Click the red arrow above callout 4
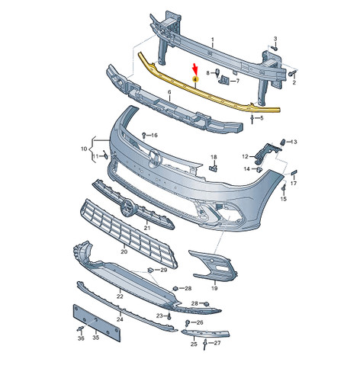195,68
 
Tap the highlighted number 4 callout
195,79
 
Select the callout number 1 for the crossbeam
213,40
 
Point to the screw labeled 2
292,74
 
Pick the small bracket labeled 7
224,80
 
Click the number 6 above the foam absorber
169,93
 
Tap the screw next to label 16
144,134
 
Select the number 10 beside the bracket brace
84,149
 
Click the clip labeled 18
214,168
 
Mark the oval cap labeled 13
282,142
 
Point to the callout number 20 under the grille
124,251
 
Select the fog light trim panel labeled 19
214,266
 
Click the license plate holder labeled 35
97,323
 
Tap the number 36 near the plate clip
81,338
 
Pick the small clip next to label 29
150,271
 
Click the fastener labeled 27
205,344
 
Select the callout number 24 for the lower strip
120,319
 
